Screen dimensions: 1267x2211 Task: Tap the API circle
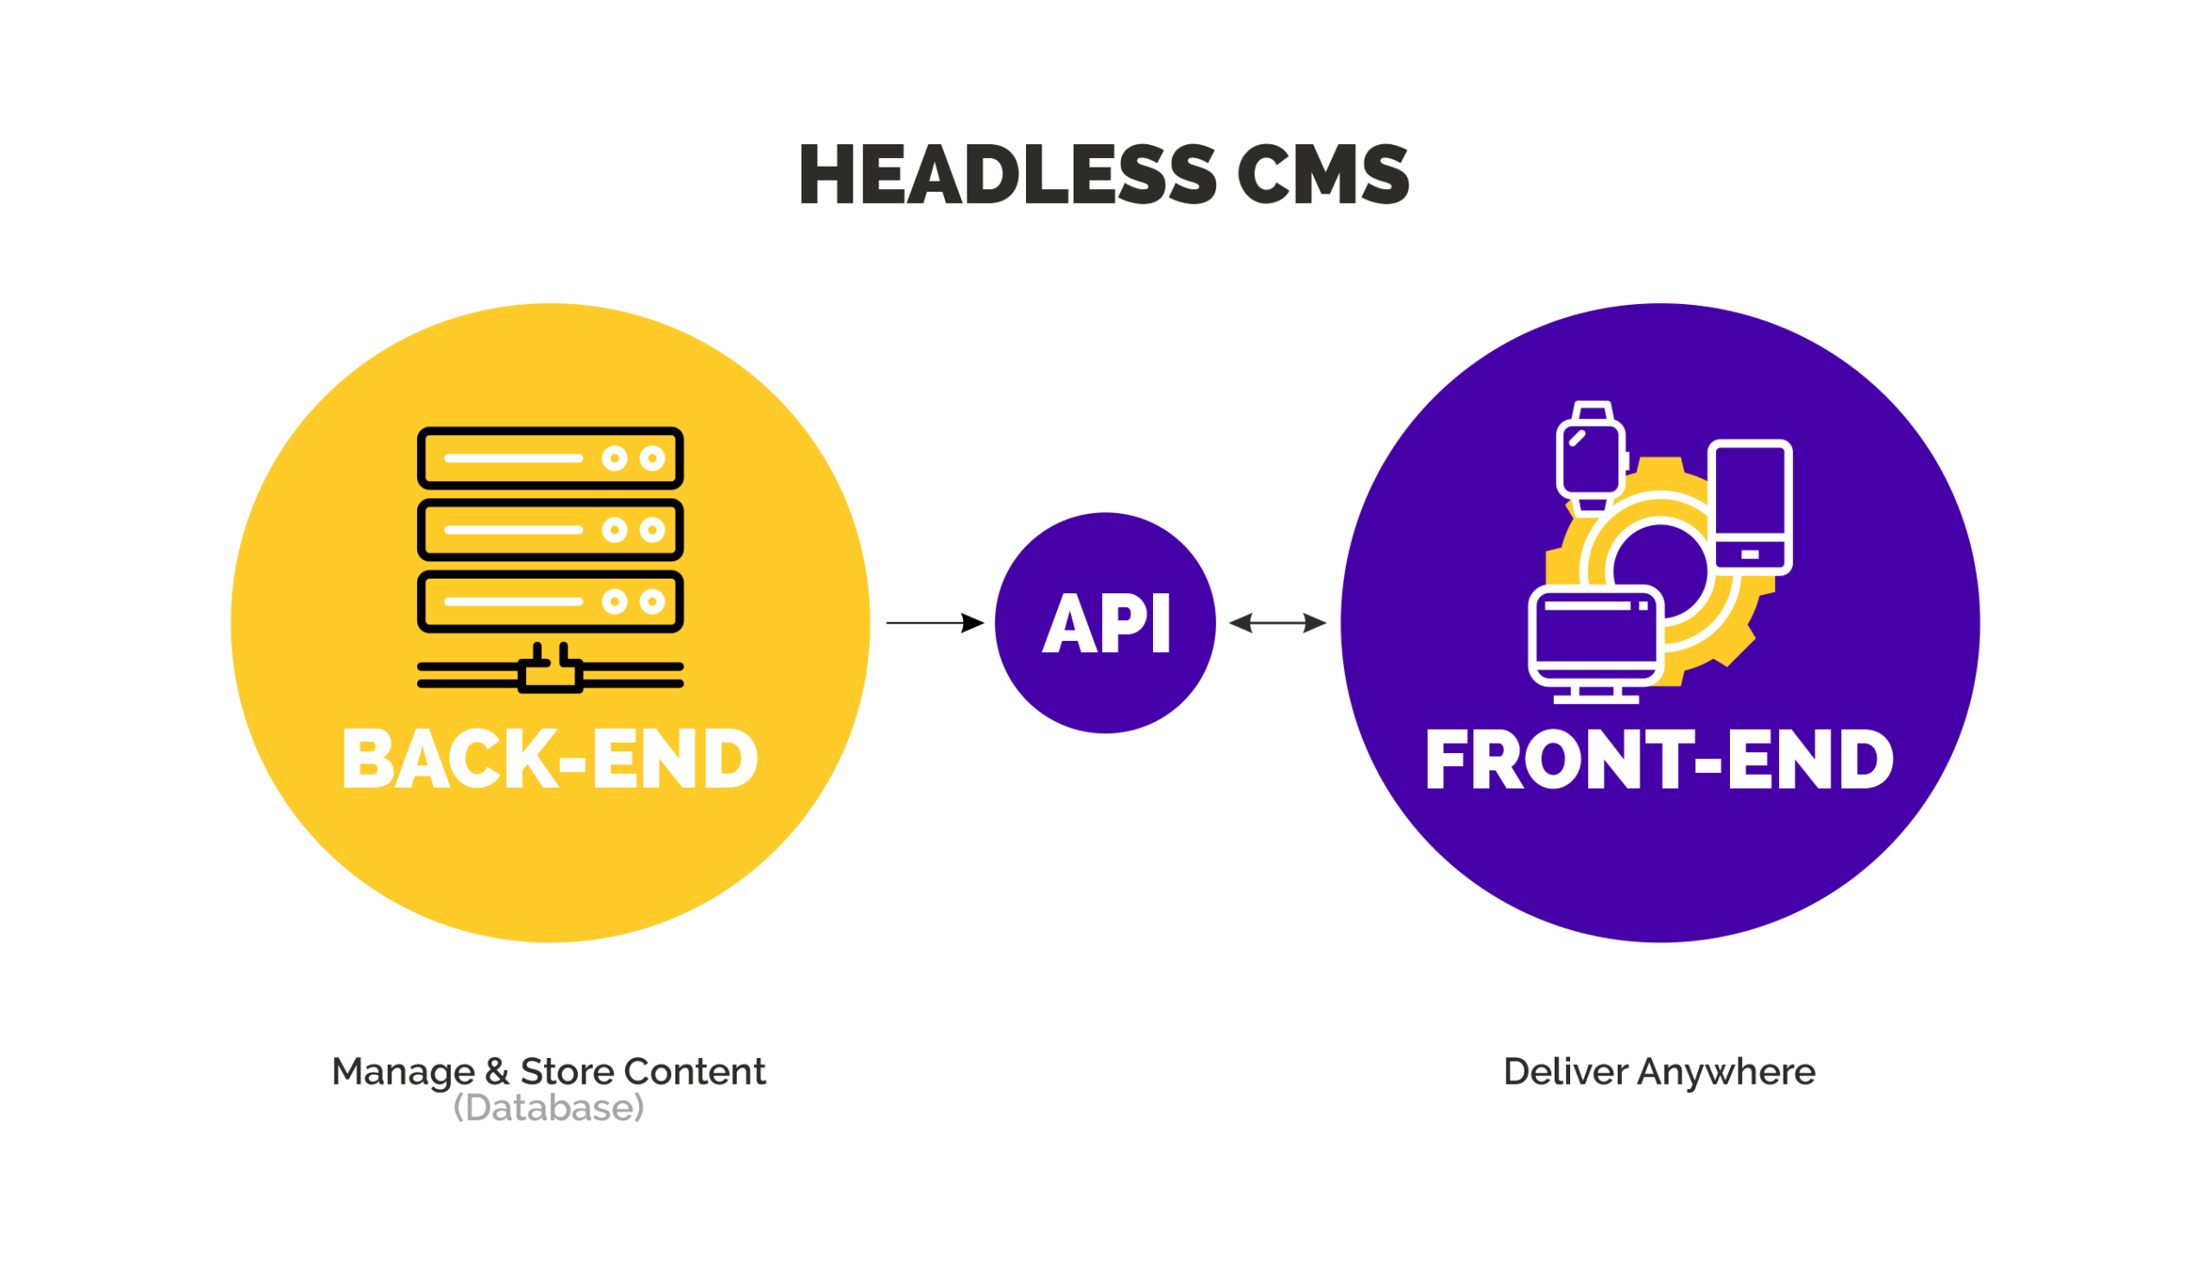pyautogui.click(x=1105, y=623)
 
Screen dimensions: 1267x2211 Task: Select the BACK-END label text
pyautogui.click(x=550, y=760)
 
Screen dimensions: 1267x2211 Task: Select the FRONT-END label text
pyautogui.click(x=1658, y=760)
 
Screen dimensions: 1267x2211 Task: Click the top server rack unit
pyautogui.click(x=550, y=458)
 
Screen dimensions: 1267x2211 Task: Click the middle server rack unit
pyautogui.click(x=550, y=530)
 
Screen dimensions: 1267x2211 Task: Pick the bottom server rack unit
pyautogui.click(x=550, y=601)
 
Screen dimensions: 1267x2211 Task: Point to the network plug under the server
pyautogui.click(x=550, y=672)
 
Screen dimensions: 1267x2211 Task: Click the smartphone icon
pyautogui.click(x=1750, y=506)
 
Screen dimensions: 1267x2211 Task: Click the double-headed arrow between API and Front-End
pyautogui.click(x=1277, y=623)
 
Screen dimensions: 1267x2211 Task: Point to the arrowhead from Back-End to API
pyautogui.click(x=972, y=623)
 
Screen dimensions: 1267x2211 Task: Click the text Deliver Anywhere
pyautogui.click(x=1658, y=1072)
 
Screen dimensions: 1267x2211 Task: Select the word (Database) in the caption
pyautogui.click(x=548, y=1108)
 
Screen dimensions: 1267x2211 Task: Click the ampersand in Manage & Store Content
pyautogui.click(x=497, y=1072)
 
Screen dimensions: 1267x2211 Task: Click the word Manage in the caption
pyautogui.click(x=402, y=1072)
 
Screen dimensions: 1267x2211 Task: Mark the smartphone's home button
pyautogui.click(x=1750, y=554)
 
